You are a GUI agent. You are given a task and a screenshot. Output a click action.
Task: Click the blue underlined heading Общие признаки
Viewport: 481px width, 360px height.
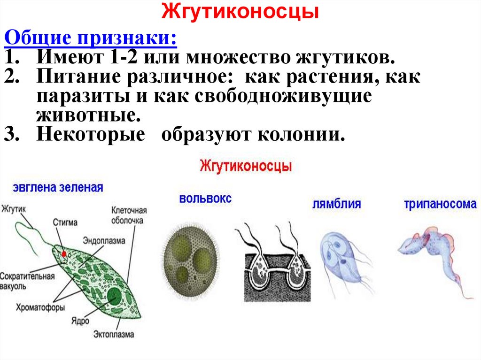(91, 38)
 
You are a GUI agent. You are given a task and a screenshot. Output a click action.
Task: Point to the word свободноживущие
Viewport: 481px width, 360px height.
(283, 96)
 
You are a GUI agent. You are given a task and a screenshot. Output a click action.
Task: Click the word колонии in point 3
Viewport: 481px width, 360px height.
(301, 134)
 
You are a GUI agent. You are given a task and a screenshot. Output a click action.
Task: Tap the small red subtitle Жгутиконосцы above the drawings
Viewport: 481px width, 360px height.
(246, 166)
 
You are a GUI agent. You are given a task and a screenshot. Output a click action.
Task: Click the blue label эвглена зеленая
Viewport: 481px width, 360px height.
(58, 188)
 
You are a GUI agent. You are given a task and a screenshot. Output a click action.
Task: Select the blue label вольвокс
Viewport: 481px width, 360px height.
(205, 199)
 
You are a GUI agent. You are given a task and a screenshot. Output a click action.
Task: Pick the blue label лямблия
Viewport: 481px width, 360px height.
(336, 204)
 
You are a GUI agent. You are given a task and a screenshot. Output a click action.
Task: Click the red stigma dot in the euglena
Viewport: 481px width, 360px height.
(64, 254)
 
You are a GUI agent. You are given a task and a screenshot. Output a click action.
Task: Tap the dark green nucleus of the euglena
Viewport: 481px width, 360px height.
(114, 297)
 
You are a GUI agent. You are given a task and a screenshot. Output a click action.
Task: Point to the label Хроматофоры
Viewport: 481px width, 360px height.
(40, 307)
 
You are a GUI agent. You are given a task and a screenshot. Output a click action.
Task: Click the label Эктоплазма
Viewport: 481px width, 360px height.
(114, 334)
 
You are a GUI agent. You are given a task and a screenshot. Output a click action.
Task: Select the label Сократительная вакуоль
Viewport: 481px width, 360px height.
(27, 281)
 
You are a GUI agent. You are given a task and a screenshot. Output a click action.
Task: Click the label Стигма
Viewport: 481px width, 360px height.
(65, 222)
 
